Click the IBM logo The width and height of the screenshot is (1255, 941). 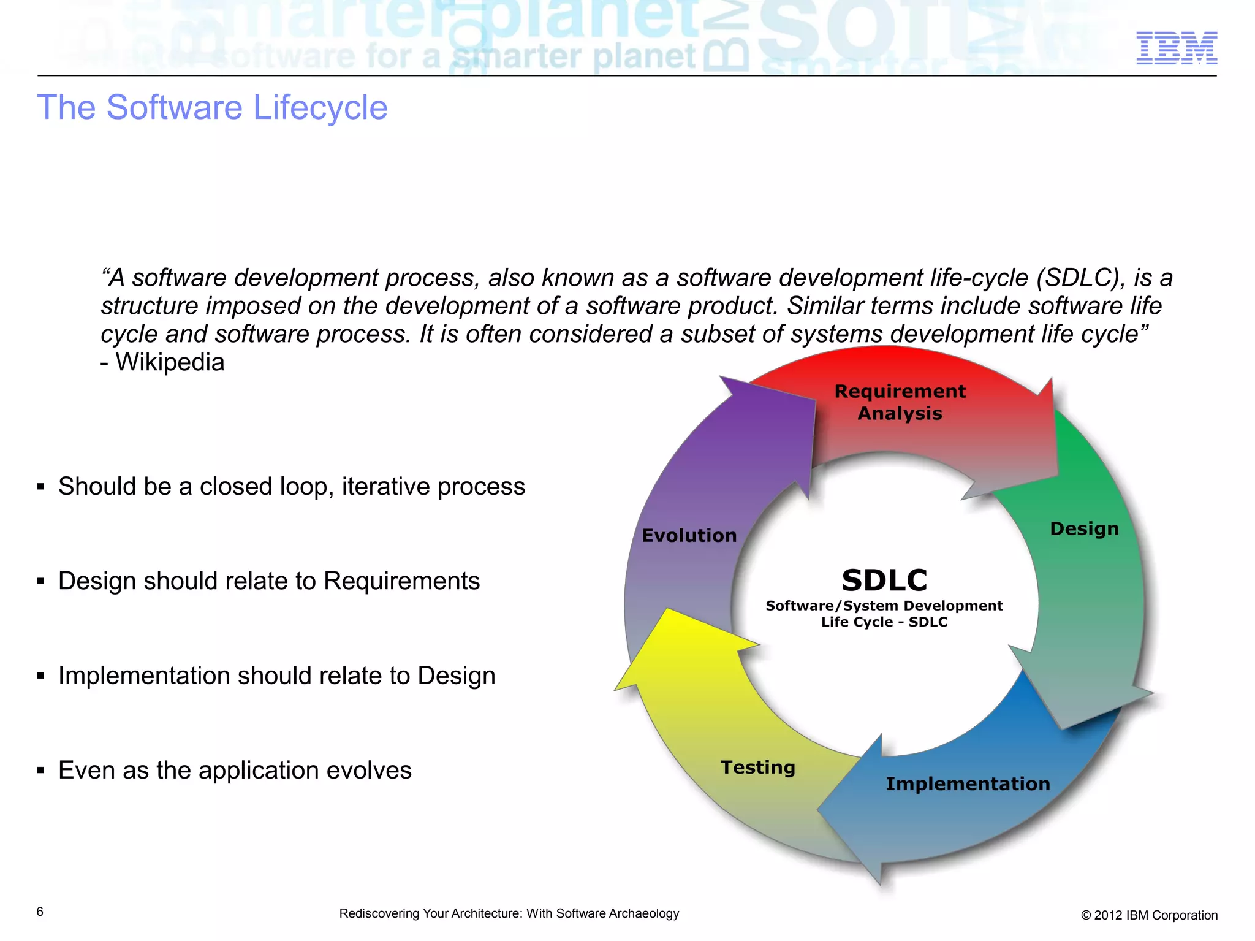(1176, 48)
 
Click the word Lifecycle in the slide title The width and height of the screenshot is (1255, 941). (320, 108)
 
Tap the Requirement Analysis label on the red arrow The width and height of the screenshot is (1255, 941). (899, 402)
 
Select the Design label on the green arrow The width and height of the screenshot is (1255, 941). (1083, 528)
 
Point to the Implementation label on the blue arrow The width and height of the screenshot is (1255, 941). (967, 783)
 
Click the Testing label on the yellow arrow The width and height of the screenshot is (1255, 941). (757, 767)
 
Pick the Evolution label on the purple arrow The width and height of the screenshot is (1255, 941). (689, 535)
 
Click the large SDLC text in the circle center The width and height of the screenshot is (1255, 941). (884, 580)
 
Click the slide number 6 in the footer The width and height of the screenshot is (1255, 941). (40, 912)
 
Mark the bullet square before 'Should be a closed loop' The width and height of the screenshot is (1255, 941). (40, 487)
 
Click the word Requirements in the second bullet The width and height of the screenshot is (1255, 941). (401, 581)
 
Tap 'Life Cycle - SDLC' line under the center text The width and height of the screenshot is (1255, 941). (884, 622)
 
